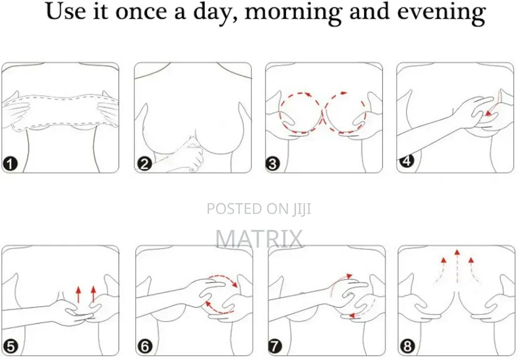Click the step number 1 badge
click(x=10, y=164)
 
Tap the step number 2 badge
click(x=145, y=164)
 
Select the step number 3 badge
click(x=272, y=164)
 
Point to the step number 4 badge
click(x=407, y=161)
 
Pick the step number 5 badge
click(x=11, y=347)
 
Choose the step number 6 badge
click(x=145, y=347)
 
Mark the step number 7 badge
click(x=275, y=347)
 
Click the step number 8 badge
click(x=407, y=347)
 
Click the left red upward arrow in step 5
click(x=78, y=295)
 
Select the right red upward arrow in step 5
click(x=93, y=295)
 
